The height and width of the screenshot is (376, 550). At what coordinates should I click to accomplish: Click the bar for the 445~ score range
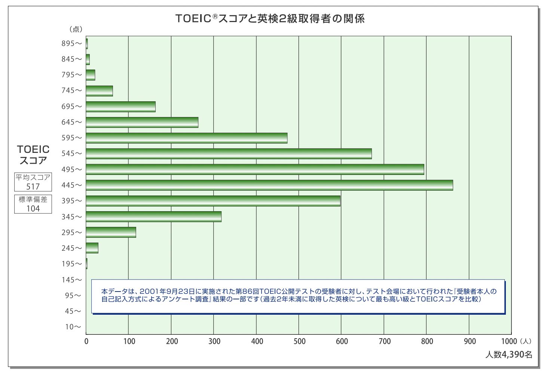click(269, 185)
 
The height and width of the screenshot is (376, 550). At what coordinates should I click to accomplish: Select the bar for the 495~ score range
click(255, 169)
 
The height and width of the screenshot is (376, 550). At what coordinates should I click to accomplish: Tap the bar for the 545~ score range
click(229, 154)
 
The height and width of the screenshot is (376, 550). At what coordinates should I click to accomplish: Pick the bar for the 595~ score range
click(186, 138)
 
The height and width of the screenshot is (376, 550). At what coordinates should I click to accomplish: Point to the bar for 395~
click(213, 201)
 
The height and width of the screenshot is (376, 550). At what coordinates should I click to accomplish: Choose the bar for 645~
click(142, 122)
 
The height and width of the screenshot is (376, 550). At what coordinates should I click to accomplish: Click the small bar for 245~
click(92, 248)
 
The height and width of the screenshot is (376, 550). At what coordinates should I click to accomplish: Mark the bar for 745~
click(99, 91)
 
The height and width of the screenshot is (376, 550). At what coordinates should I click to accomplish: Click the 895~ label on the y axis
click(71, 44)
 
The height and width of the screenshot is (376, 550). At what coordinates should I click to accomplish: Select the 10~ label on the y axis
click(73, 327)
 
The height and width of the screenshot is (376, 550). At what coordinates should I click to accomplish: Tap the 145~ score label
click(71, 280)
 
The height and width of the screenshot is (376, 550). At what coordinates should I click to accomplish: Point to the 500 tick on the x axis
click(299, 341)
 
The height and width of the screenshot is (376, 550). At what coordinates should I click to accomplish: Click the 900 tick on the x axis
click(470, 341)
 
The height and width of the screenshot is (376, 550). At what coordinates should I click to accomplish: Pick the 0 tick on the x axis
click(86, 341)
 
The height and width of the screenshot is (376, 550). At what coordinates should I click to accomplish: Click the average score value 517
click(33, 187)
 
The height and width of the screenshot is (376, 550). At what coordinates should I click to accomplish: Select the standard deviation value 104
click(33, 209)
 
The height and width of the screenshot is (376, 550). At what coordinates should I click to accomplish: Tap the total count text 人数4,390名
click(508, 355)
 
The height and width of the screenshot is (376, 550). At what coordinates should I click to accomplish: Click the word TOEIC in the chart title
click(193, 19)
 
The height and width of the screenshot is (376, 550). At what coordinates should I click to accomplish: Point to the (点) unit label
click(76, 30)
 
